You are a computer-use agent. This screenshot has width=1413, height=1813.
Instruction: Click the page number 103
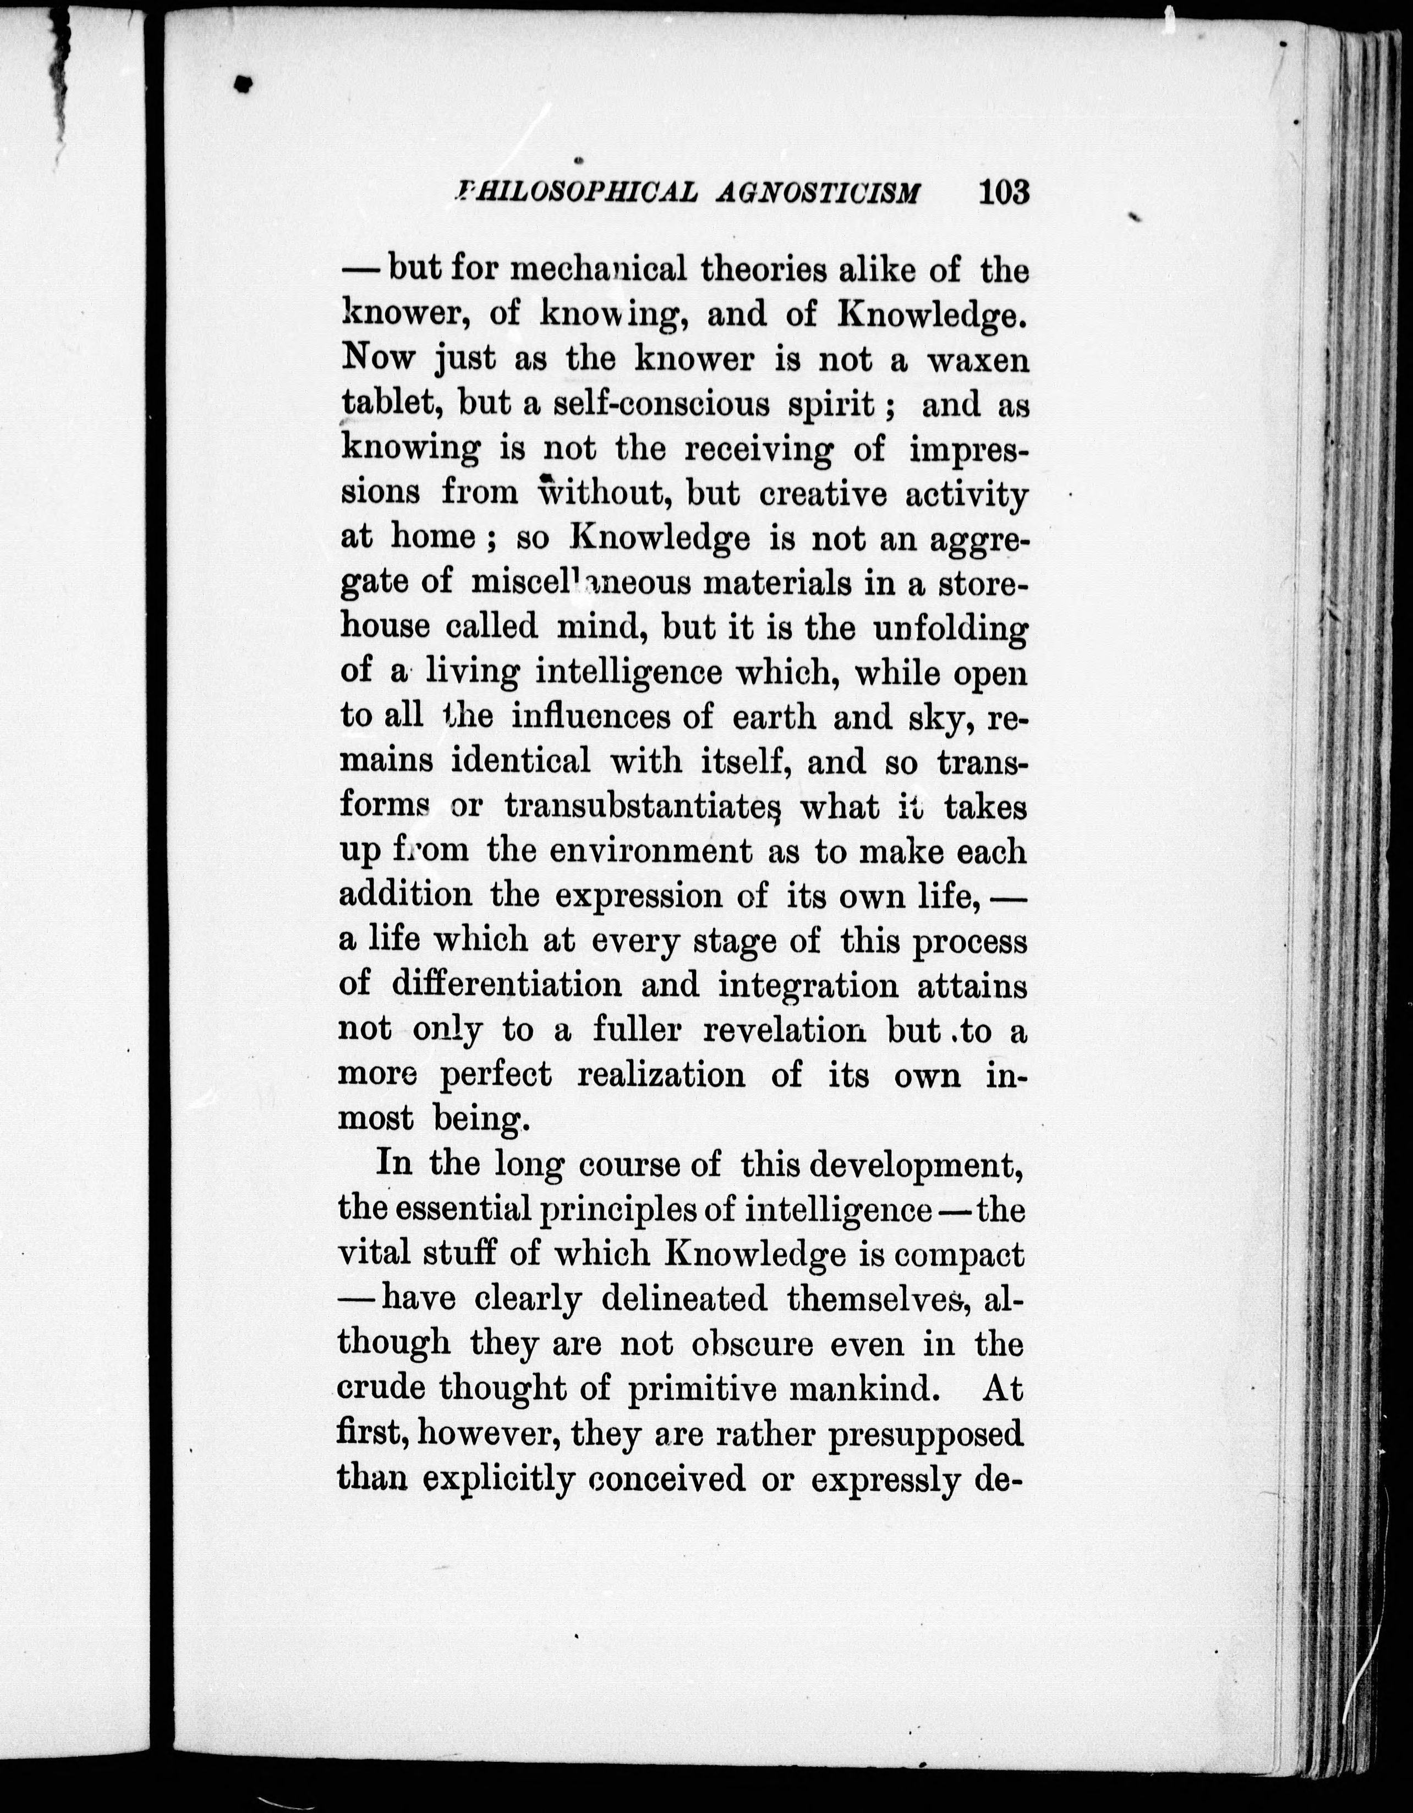tap(1004, 193)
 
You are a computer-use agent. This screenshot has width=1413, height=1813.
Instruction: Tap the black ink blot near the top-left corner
tap(243, 83)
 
